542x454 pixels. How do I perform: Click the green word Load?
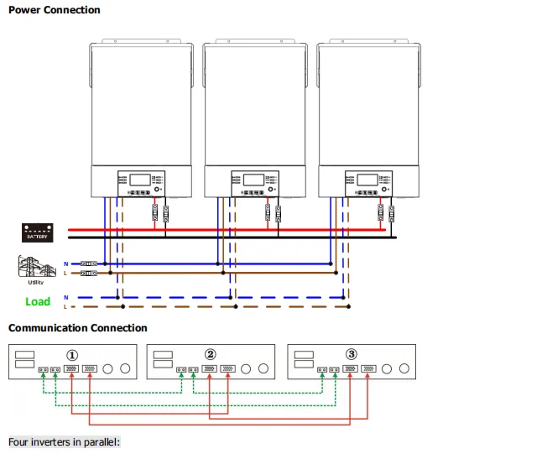[x=37, y=301]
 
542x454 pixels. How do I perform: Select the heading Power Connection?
[x=54, y=10]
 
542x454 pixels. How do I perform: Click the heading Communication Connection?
[x=77, y=328]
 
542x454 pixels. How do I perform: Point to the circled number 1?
[x=72, y=355]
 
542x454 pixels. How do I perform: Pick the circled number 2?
[x=211, y=355]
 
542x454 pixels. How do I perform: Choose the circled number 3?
[x=352, y=355]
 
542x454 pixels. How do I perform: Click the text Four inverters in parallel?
[x=64, y=441]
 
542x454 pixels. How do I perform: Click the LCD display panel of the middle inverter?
[x=254, y=180]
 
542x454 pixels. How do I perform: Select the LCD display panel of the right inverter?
[x=367, y=180]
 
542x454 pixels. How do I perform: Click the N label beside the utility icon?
[x=65, y=263]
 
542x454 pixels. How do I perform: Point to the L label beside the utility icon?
[x=65, y=273]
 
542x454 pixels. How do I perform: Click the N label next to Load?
[x=65, y=297]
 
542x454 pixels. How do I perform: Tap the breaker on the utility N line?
[x=87, y=263]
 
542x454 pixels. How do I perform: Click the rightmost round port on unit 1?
[x=127, y=368]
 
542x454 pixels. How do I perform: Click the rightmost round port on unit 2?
[x=265, y=368]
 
